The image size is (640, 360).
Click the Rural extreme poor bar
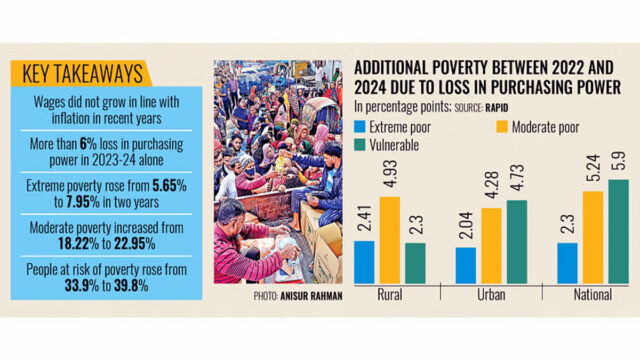click(364, 262)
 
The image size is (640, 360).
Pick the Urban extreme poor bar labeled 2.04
click(465, 265)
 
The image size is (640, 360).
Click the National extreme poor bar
click(567, 263)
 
